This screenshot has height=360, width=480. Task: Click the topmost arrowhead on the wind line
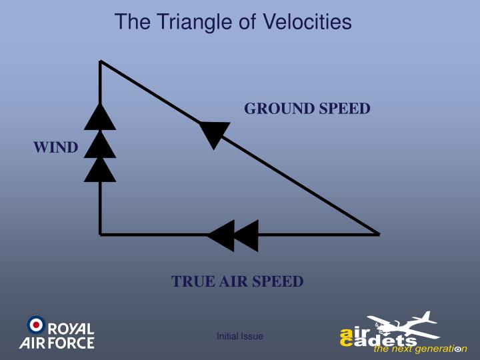[x=100, y=118]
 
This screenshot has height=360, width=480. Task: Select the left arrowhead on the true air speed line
[x=221, y=235]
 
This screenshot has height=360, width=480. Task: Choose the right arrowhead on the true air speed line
[x=246, y=235]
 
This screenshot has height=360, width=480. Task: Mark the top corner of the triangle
[x=101, y=61]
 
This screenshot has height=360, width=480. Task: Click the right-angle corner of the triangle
[x=101, y=234]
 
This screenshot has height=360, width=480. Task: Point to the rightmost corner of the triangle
[x=378, y=234]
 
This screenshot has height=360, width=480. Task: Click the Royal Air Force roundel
[x=35, y=325]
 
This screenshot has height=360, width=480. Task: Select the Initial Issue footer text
[x=240, y=337]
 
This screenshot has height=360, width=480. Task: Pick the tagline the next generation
[x=420, y=349]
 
